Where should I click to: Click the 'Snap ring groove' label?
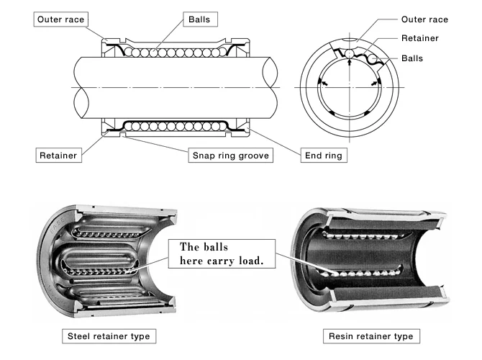click(231, 154)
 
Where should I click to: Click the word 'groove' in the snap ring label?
click(254, 154)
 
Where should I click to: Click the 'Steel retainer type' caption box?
click(110, 336)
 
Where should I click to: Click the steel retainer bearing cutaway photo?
click(108, 259)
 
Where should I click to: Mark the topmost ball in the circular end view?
click(348, 54)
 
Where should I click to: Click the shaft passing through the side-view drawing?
click(180, 85)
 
